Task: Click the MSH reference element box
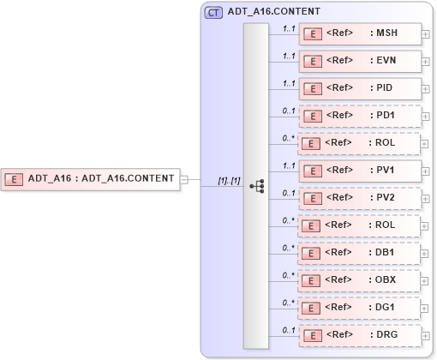click(360, 33)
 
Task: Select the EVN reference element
click(360, 61)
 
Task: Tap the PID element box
click(360, 88)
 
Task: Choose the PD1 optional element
click(360, 115)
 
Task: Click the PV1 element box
click(360, 170)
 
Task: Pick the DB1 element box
click(360, 252)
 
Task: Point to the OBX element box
click(360, 279)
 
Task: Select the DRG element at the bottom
click(360, 334)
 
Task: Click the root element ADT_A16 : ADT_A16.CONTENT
click(91, 179)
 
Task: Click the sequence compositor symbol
click(256, 185)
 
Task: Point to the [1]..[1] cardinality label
click(229, 180)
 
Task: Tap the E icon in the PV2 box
click(314, 198)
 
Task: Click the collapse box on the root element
click(184, 179)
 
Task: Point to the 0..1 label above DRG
click(290, 329)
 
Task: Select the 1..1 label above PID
click(290, 83)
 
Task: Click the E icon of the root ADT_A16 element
click(14, 179)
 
